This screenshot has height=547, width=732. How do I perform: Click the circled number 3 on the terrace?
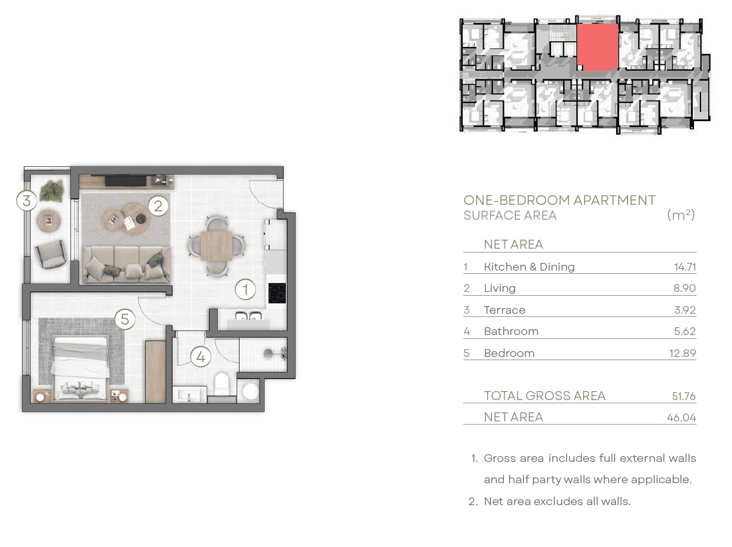click(26, 200)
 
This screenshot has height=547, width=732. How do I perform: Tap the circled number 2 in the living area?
click(159, 206)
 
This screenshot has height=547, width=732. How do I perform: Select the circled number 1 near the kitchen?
click(245, 289)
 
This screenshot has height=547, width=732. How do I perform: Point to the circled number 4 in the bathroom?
click(201, 357)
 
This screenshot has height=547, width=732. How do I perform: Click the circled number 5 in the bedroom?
click(124, 319)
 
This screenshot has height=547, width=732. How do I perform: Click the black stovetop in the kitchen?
click(277, 294)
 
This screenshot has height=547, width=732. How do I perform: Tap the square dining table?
click(217, 246)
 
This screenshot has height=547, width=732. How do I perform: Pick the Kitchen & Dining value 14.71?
click(685, 267)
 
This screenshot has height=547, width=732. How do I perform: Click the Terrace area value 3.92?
click(685, 310)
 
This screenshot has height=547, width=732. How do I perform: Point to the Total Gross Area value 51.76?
click(684, 396)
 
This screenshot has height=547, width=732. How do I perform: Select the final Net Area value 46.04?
click(682, 417)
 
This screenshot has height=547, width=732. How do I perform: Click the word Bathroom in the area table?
click(511, 331)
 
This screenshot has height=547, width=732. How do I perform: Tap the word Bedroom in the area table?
click(509, 353)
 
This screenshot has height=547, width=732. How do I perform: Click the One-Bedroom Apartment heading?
click(559, 200)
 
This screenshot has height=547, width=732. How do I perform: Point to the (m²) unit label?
click(681, 215)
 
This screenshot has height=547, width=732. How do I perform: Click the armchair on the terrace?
click(50, 253)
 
